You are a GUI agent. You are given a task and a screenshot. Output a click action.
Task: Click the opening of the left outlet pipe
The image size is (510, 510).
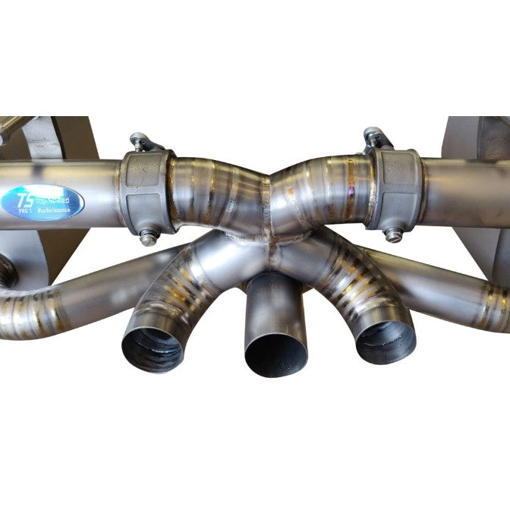point(152,351)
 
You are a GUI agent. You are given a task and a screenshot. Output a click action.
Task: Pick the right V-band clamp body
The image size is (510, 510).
point(394,189)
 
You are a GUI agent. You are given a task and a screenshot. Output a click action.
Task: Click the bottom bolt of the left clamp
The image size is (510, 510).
point(149,236)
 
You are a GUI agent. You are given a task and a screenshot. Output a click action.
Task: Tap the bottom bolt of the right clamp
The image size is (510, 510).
point(392,235)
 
